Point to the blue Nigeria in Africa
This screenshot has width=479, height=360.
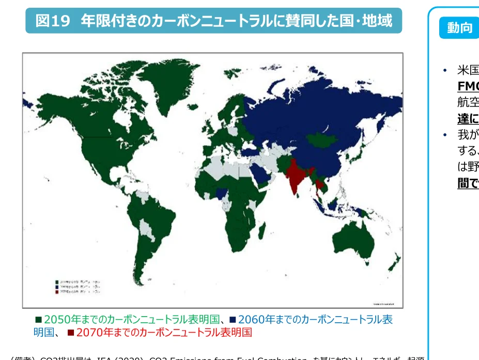click(x=223, y=193)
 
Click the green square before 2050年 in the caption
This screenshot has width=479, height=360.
click(x=38, y=319)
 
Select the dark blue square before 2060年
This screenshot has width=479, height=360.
click(x=233, y=319)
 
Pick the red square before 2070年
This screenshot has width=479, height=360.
click(x=71, y=332)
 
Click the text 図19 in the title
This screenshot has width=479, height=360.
click(x=52, y=21)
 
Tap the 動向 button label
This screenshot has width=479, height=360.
click(x=459, y=28)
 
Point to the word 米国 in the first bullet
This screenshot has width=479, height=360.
click(x=468, y=70)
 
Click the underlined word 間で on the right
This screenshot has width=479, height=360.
click(x=468, y=183)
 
